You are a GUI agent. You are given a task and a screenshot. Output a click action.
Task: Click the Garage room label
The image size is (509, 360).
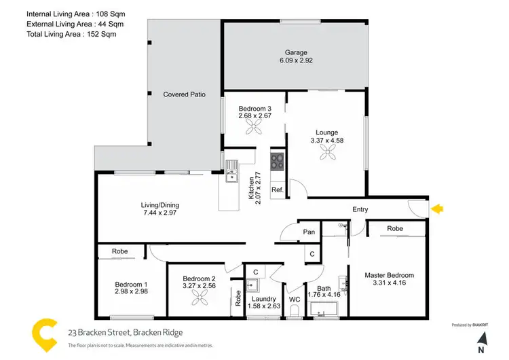296,52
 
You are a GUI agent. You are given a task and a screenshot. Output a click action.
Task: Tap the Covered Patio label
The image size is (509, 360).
184,94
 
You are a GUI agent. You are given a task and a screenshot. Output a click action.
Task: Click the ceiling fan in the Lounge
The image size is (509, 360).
326,153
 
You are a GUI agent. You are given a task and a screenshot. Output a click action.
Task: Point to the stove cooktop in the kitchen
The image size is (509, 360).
278,161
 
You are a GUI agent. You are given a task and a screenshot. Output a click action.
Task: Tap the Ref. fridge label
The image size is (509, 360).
277,190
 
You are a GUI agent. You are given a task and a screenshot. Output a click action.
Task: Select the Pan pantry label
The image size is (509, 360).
309,232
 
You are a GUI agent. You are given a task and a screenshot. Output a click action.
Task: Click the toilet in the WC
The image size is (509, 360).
295,311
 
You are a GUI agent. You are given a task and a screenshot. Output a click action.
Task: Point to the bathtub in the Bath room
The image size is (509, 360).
326,313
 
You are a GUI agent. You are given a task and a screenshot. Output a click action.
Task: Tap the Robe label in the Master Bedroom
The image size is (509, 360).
395,229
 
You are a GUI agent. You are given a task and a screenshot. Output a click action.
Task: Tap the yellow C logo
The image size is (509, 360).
46,333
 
